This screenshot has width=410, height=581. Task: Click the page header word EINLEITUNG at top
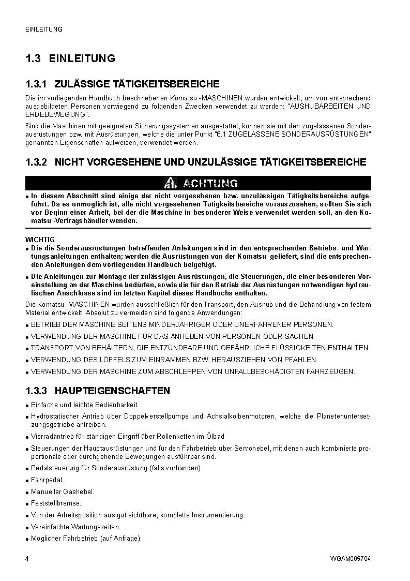click(44, 29)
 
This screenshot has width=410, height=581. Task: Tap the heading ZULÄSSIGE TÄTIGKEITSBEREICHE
click(136, 84)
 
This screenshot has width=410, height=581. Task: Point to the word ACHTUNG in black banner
click(210, 183)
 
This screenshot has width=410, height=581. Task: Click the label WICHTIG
click(40, 240)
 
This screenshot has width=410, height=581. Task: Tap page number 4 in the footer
click(27, 559)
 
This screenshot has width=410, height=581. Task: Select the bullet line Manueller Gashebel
click(63, 491)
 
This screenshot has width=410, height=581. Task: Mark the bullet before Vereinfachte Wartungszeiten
click(27, 527)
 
